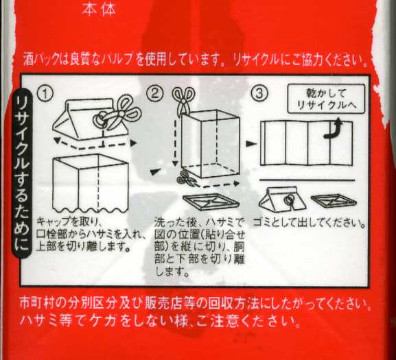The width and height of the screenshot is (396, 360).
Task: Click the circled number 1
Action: coord(45,93)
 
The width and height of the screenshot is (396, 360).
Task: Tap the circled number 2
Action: coord(154,93)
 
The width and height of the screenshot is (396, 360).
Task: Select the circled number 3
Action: coord(259,93)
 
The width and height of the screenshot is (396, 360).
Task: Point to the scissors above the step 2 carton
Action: coord(183,100)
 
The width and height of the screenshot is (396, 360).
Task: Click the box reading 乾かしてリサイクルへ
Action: coord(326,99)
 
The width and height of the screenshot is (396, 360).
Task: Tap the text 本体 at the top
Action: coord(99,10)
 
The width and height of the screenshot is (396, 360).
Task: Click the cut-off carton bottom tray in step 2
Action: coord(211,202)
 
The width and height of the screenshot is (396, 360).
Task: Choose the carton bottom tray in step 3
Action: coord(334,201)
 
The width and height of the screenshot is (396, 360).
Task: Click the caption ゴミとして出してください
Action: coord(309,222)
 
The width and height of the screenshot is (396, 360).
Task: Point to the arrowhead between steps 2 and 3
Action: coord(251,144)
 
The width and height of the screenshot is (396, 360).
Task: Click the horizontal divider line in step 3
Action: coord(307,180)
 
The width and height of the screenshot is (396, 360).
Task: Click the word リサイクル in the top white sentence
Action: coord(256,60)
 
